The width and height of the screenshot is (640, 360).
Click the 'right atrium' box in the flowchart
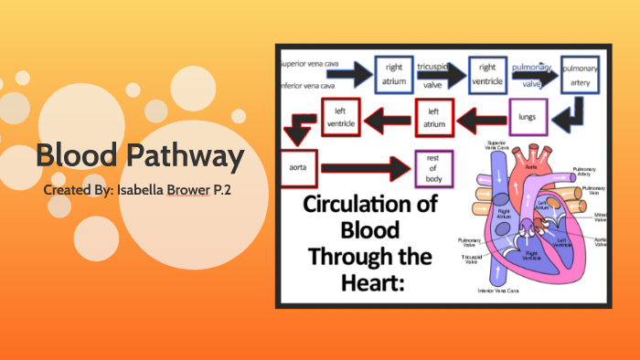point(394,74)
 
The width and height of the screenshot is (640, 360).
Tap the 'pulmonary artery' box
point(580,74)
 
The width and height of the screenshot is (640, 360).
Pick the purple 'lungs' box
point(527,117)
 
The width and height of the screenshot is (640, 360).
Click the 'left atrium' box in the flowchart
point(434,117)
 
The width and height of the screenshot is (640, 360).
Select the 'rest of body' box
point(433,166)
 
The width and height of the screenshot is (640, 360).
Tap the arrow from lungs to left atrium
point(481,117)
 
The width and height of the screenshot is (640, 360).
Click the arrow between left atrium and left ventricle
point(388,117)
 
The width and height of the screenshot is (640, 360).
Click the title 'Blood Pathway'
point(140,156)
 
